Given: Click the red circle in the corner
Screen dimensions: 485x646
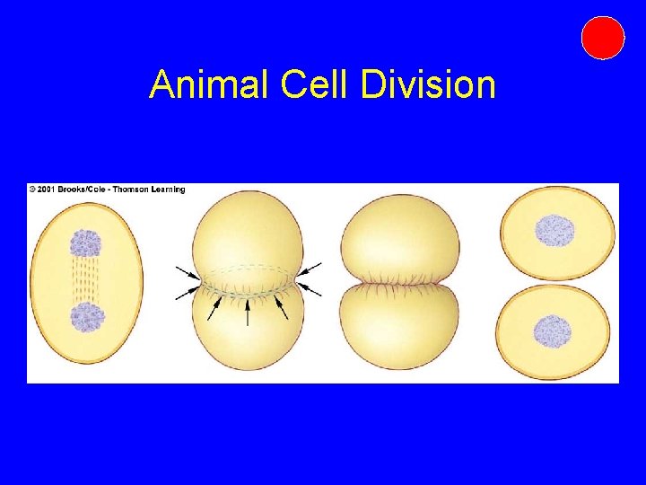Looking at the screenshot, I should tap(602, 38).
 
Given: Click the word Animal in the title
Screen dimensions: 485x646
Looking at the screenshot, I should tap(210, 84).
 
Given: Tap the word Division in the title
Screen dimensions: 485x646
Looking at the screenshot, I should tap(428, 84).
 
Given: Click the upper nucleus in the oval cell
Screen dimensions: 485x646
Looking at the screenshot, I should tap(87, 242).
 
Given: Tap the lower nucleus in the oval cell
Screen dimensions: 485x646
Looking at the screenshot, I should tap(87, 317).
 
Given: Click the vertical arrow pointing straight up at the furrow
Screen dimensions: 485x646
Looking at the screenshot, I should tap(248, 309).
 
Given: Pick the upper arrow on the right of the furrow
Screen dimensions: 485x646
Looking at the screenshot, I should tap(310, 269).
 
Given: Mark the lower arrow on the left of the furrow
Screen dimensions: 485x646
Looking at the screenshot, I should tap(188, 292).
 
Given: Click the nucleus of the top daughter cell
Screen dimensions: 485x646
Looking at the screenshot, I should tap(554, 231).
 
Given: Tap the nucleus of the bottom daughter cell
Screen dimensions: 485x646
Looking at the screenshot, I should tap(553, 331).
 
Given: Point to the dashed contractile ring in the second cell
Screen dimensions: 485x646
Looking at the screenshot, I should tap(248, 269).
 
